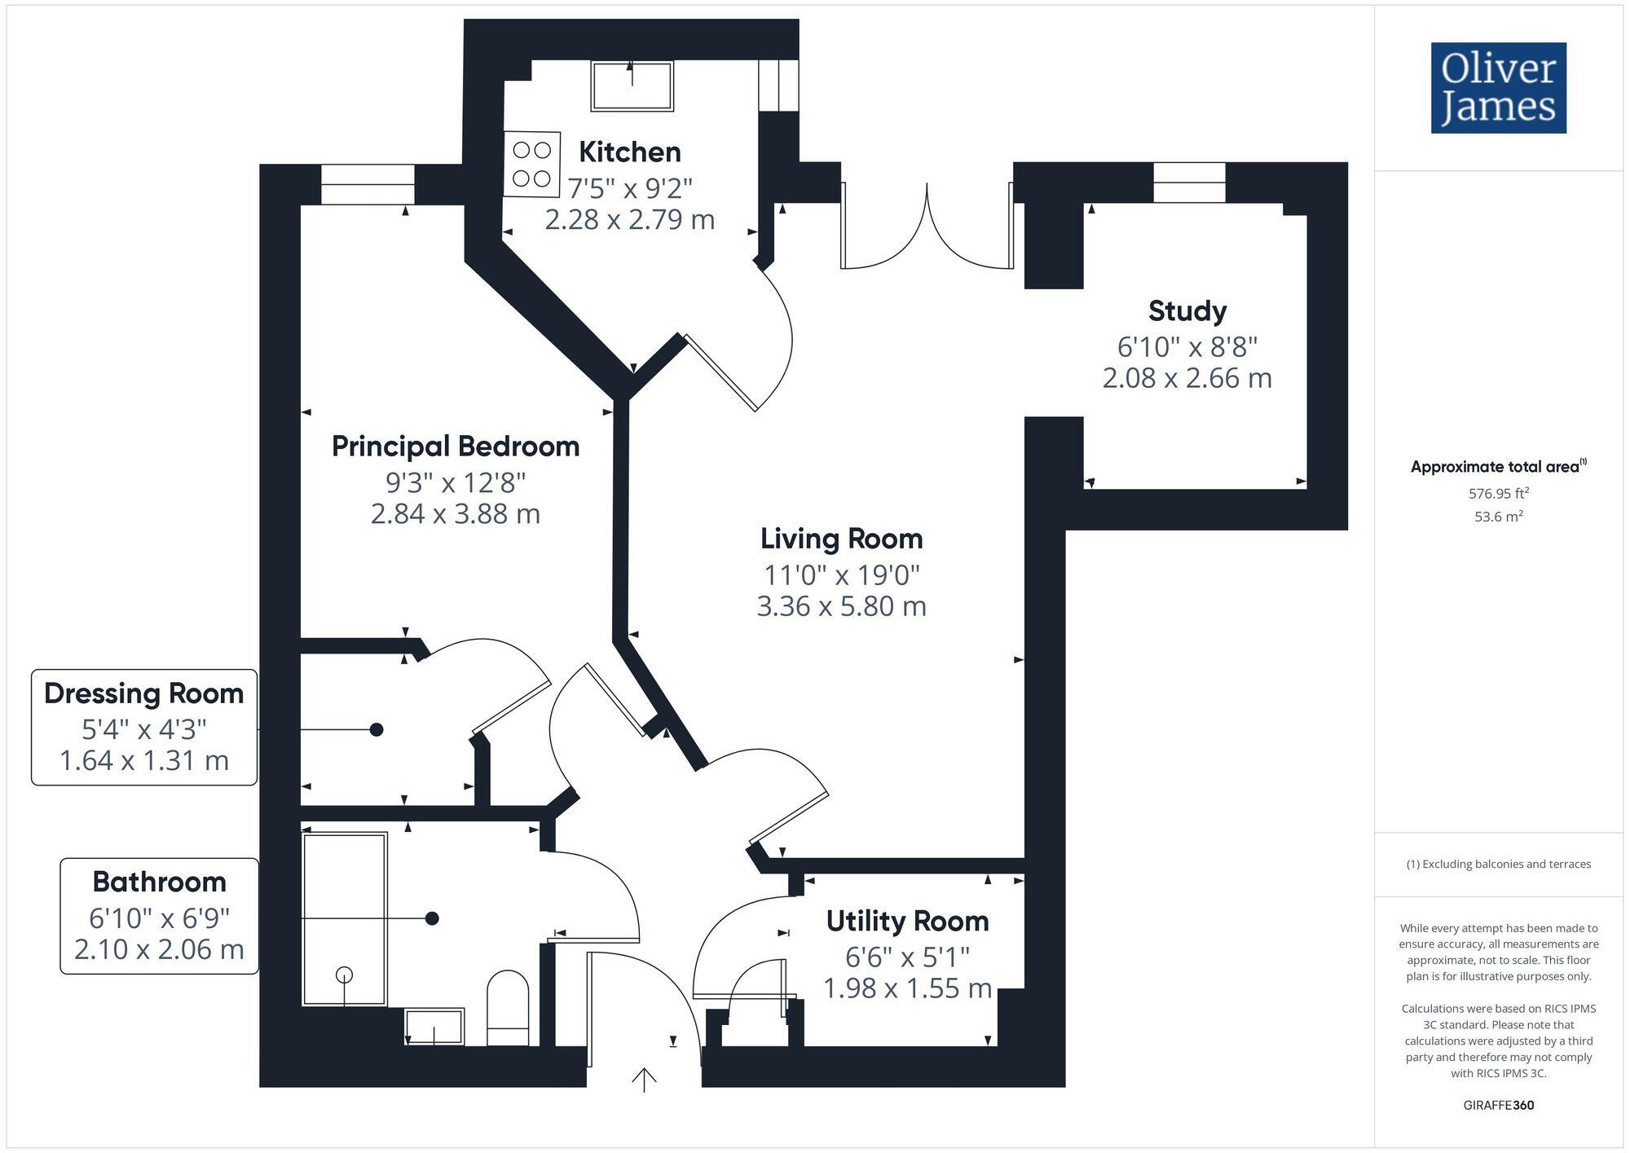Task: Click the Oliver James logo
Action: (x=1498, y=88)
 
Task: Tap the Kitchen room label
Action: (x=629, y=152)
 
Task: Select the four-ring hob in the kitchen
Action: (x=531, y=164)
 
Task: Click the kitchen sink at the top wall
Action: (x=632, y=86)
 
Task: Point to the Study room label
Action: (x=1187, y=311)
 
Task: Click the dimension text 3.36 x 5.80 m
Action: (x=841, y=607)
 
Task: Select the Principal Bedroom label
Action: (x=455, y=447)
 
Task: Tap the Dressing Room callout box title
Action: (x=144, y=693)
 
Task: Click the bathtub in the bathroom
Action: (x=344, y=918)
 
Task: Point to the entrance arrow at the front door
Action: (x=644, y=1080)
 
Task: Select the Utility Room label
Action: (x=907, y=922)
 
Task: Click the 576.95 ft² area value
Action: (x=1498, y=493)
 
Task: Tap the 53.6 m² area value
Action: (x=1498, y=517)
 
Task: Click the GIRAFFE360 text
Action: (x=1498, y=1106)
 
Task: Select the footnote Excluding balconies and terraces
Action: (x=1498, y=865)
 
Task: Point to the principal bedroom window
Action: (x=368, y=185)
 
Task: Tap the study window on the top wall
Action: (x=1189, y=183)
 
